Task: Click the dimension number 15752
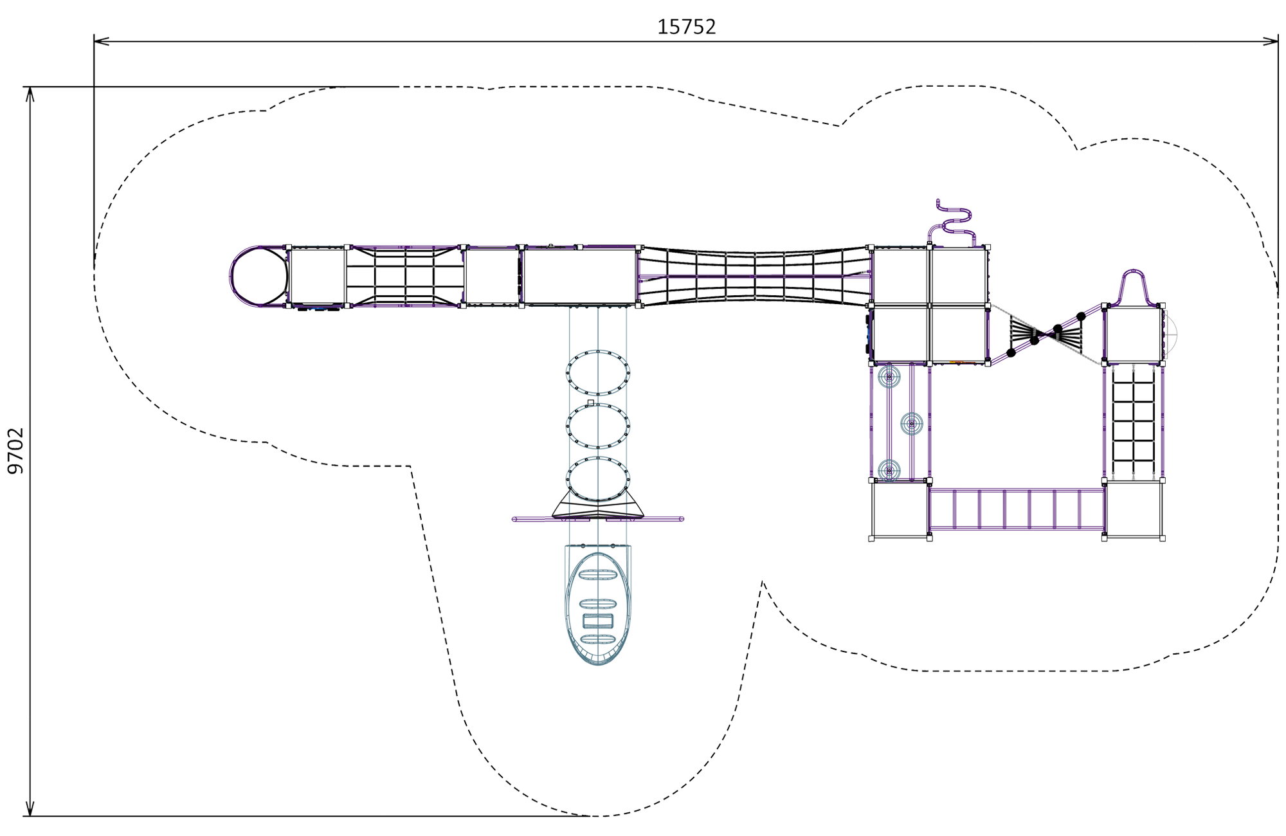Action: point(686,26)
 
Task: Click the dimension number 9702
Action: point(15,451)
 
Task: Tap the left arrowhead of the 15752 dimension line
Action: point(102,41)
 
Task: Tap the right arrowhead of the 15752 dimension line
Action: point(1271,41)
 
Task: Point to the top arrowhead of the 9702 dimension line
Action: point(30,95)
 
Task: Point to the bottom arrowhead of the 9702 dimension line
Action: point(30,808)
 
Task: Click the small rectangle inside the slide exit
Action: point(598,621)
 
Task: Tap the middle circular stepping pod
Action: point(912,424)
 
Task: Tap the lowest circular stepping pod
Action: point(889,470)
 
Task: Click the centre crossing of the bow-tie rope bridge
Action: point(1046,334)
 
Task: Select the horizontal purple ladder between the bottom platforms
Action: point(1017,509)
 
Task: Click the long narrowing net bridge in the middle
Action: point(755,277)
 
